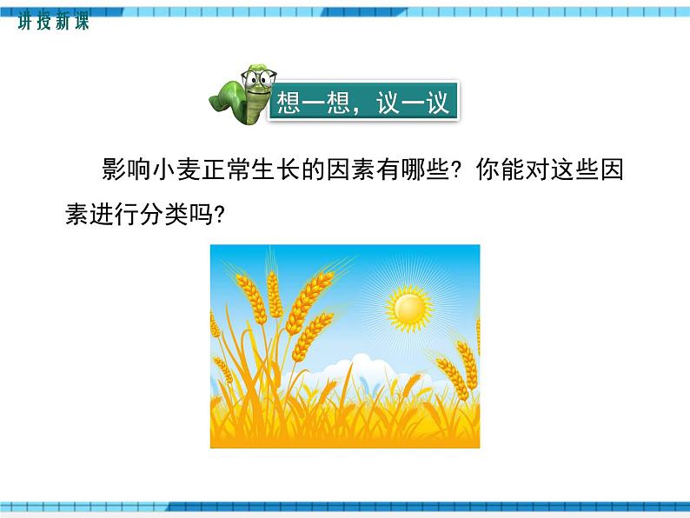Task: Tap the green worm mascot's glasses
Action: pos(258,81)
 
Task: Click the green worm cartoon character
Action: pos(241,95)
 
